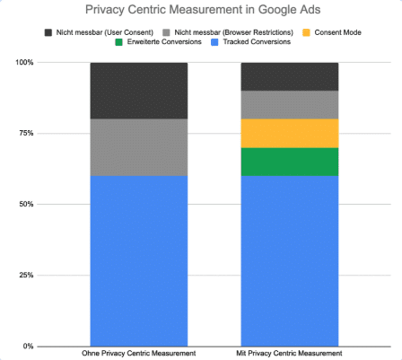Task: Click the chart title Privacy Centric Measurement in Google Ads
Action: click(x=200, y=11)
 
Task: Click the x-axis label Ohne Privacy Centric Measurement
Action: click(x=139, y=353)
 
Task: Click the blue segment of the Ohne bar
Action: click(x=139, y=260)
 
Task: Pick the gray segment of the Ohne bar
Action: click(x=139, y=147)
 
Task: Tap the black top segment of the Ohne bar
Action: click(x=139, y=91)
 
